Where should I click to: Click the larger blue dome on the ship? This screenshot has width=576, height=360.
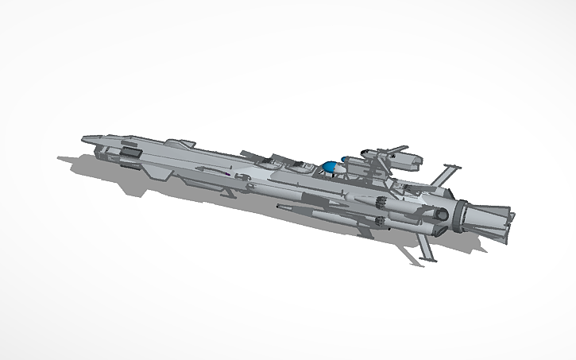[329, 167]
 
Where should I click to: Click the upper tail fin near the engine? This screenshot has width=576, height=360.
[447, 174]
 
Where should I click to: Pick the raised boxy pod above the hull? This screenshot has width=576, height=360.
[404, 162]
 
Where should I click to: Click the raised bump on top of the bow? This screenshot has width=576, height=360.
[186, 143]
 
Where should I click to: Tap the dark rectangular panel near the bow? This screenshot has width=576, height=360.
[130, 149]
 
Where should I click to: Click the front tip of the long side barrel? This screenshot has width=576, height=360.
[278, 208]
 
